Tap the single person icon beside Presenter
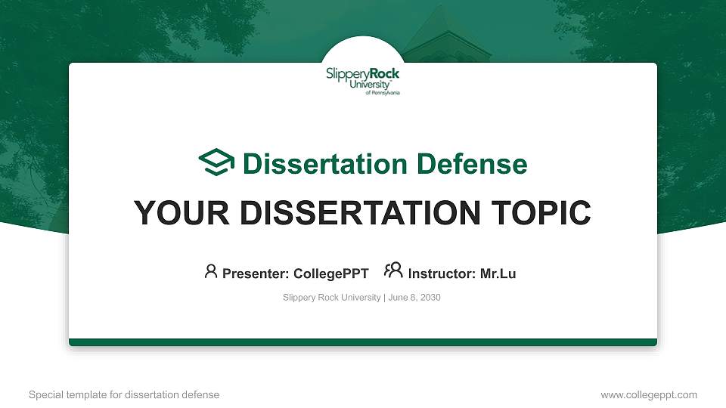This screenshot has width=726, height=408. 211,271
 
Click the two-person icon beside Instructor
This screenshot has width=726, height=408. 393,271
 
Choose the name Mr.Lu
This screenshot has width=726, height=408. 498,274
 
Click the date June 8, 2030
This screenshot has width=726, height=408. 414,298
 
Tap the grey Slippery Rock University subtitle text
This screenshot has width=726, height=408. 331,298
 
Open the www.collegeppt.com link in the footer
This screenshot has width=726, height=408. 648,394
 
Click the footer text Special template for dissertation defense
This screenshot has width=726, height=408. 124,394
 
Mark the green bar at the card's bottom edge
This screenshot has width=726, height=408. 363,342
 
